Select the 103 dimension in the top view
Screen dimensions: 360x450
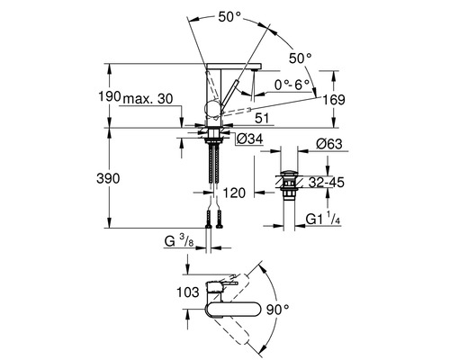(x=161, y=292)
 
